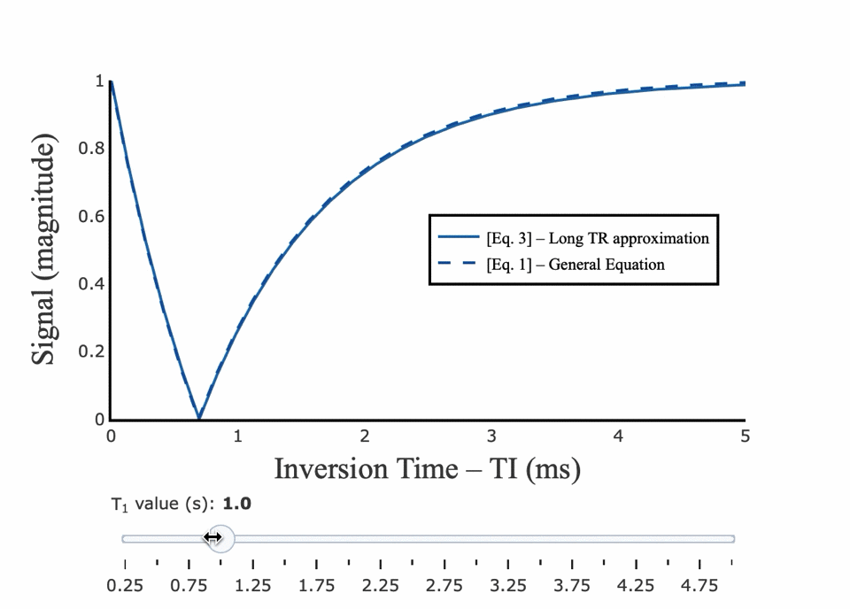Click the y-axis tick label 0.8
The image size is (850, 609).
point(92,149)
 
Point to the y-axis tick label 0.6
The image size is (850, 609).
point(92,217)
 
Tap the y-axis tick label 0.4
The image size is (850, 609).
point(92,284)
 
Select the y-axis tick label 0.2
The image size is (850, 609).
point(92,352)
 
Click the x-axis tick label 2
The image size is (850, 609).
point(364,436)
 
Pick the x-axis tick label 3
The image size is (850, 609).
point(491,436)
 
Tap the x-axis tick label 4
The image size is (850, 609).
point(618,436)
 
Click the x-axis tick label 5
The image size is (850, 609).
point(745,436)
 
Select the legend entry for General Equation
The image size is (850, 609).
point(575,264)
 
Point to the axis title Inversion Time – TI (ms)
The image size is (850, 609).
point(427,468)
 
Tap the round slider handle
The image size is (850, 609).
point(220,538)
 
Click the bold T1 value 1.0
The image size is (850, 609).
point(236,504)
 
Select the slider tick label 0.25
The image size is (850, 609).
point(125,586)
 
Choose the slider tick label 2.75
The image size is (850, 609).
point(444,586)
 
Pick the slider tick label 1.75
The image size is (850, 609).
point(317,586)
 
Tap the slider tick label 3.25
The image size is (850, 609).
point(508,586)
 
